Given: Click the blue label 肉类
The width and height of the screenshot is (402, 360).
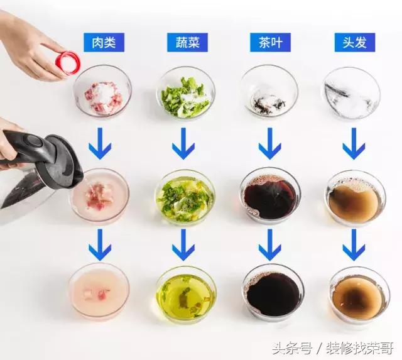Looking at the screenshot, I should (104, 42).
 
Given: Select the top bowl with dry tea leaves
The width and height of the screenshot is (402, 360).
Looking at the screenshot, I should (269, 94).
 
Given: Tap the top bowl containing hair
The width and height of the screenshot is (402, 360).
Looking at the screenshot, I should (351, 94).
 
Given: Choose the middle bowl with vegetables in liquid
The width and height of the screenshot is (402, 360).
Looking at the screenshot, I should (185, 196).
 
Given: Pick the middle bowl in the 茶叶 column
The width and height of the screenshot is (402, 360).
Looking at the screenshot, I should (270, 195).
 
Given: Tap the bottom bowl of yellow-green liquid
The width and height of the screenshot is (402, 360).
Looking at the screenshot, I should (186, 293).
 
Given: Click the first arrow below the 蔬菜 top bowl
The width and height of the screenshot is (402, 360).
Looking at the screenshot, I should (183, 144).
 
